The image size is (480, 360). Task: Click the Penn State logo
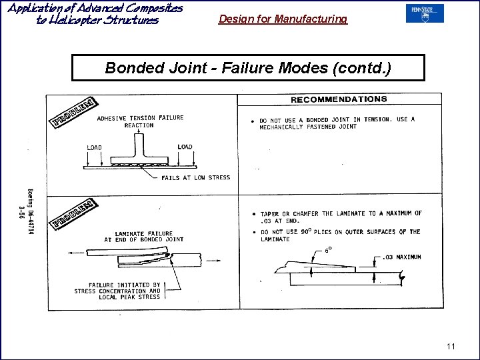(424, 13)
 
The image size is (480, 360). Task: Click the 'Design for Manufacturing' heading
(283, 19)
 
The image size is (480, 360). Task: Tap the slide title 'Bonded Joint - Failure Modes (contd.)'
(248, 67)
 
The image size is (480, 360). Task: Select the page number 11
(451, 346)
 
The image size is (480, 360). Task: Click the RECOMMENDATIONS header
(339, 99)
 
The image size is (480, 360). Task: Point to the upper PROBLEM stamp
(74, 112)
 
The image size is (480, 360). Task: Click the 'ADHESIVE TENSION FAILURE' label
(140, 118)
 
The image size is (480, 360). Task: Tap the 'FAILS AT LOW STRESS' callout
(195, 178)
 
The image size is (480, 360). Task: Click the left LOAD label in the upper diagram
(94, 147)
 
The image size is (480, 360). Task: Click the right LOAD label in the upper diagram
(185, 147)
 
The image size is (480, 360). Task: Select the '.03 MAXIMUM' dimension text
(401, 257)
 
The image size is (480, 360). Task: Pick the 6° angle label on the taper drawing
(327, 250)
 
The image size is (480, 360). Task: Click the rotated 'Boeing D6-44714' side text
(30, 209)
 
